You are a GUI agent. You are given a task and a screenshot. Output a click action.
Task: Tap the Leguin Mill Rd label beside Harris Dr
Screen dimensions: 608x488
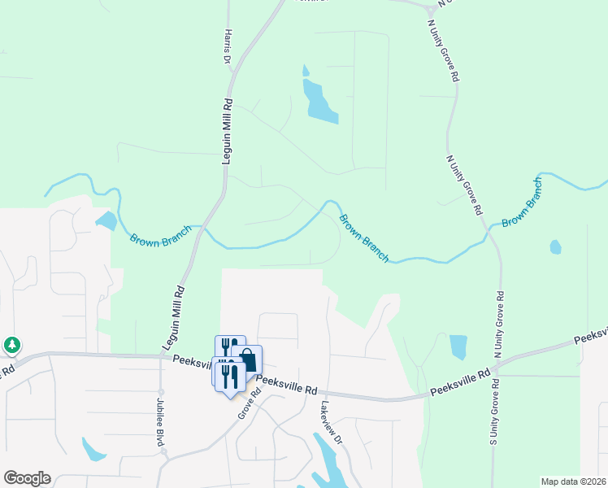pyautogui.click(x=228, y=133)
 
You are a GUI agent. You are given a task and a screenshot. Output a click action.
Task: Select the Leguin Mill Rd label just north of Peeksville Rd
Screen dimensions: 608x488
pyautogui.click(x=177, y=317)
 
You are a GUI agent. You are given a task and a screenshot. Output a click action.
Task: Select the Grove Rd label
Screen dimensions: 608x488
pyautogui.click(x=250, y=403)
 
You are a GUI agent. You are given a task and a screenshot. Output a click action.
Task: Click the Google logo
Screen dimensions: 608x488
pyautogui.click(x=27, y=478)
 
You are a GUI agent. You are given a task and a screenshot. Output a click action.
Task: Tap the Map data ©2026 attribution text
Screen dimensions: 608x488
pyautogui.click(x=573, y=481)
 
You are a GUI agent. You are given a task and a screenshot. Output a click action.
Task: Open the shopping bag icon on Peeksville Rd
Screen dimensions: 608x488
pyautogui.click(x=247, y=359)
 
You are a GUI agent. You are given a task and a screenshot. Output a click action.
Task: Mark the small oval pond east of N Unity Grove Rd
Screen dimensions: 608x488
pyautogui.click(x=555, y=246)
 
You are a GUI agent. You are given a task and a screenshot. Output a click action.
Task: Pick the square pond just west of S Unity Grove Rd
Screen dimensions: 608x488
pyautogui.click(x=458, y=347)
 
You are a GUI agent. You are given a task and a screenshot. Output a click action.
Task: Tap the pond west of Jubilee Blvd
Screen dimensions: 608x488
pyautogui.click(x=93, y=449)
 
